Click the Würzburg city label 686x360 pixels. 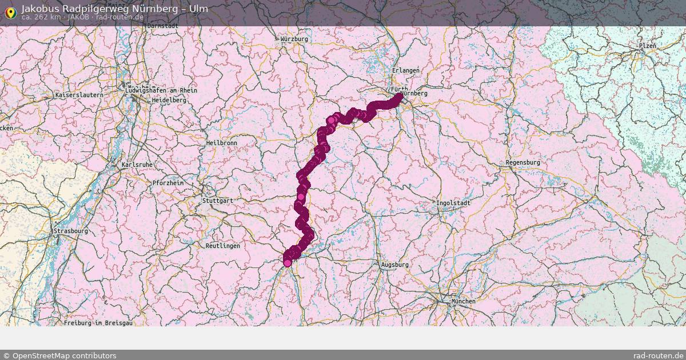(294, 39)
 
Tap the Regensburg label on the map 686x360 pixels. (523, 163)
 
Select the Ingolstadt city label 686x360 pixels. (453, 203)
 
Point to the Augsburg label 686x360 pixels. (394, 265)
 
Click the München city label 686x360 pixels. (463, 301)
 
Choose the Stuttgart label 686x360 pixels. (217, 201)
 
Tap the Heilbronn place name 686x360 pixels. (221, 143)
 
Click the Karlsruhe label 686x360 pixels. (137, 165)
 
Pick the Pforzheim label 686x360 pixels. (168, 183)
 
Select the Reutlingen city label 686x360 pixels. (222, 246)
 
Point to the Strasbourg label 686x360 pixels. (70, 231)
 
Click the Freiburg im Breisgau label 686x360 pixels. (98, 323)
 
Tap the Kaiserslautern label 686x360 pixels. (79, 95)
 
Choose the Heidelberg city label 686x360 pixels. (169, 100)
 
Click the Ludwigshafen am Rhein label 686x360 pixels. (161, 90)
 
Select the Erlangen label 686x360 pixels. (406, 70)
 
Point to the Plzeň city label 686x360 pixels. (648, 46)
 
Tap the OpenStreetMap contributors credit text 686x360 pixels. (59, 355)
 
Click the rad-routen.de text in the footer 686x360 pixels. (658, 355)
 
